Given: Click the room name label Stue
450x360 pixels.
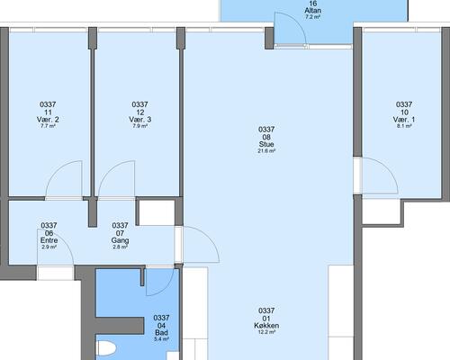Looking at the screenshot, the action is pos(266,144).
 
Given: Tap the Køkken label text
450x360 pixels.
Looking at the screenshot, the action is pos(266,326).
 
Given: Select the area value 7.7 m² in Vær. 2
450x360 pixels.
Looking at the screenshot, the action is pos(48,126).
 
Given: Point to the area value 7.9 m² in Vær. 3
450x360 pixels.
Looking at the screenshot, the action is pos(139,126).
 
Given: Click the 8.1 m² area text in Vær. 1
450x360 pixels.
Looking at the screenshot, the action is pos(404,126).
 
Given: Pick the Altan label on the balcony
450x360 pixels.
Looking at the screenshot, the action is pos(313,11).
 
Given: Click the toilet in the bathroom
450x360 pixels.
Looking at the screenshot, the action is pos(105,348).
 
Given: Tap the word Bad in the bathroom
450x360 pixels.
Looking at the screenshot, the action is pos(161,332).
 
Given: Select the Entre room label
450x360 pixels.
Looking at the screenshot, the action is pos(49,240).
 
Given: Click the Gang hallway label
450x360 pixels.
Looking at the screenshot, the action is pos(120,240).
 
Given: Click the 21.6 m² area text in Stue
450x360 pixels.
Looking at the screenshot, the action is pos(266,151).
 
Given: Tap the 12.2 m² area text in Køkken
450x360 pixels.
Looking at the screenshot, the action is pos(266,332).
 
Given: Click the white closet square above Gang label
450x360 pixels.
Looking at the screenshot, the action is pos(157,212).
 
